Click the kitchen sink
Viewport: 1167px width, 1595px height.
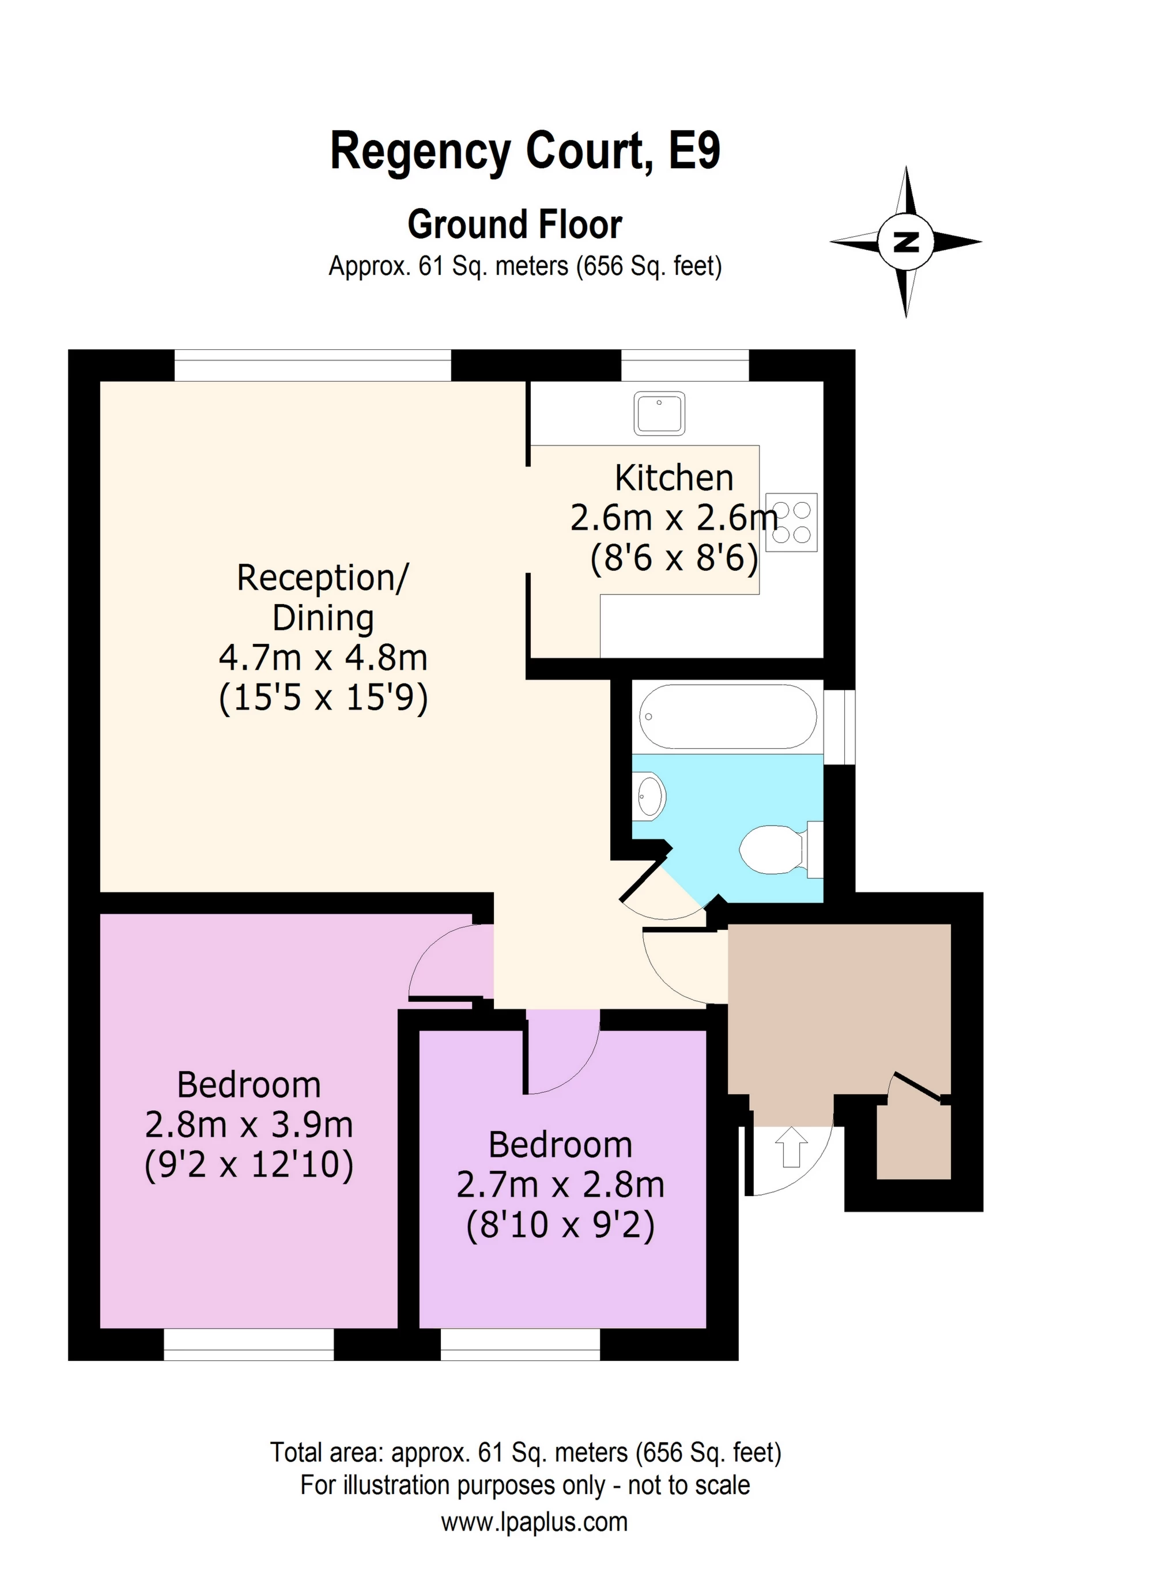pyautogui.click(x=659, y=413)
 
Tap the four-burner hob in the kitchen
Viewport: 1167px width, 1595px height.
pyautogui.click(x=791, y=522)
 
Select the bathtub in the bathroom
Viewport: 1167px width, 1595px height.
pyautogui.click(x=728, y=717)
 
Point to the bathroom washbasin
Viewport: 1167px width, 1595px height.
pyautogui.click(x=650, y=795)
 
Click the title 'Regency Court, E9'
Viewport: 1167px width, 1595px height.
pyautogui.click(x=525, y=151)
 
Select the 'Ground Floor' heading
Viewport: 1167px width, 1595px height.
pyautogui.click(x=515, y=225)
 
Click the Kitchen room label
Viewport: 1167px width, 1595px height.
pyautogui.click(x=674, y=478)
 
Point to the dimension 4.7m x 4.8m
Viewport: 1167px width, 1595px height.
pyautogui.click(x=323, y=658)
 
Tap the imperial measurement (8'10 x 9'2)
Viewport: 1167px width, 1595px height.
pyautogui.click(x=561, y=1226)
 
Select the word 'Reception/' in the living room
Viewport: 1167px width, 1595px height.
pyautogui.click(x=323, y=578)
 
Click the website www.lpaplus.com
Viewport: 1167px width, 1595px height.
pyautogui.click(x=534, y=1522)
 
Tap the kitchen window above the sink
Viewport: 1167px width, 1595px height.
pyautogui.click(x=685, y=365)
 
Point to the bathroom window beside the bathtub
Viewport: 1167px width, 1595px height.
pyautogui.click(x=839, y=727)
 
